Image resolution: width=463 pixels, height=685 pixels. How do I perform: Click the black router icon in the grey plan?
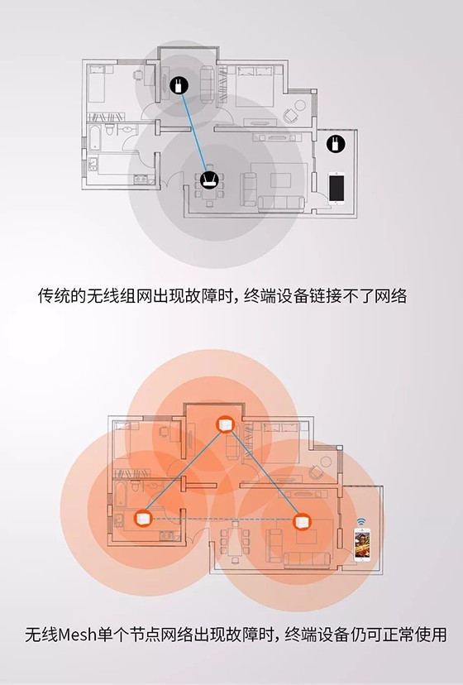pos(208,180)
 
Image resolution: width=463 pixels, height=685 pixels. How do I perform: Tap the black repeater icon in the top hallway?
pos(179,84)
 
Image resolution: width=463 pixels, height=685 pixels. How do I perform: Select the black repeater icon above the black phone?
pos(336,144)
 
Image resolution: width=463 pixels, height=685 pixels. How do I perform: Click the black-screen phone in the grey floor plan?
pos(337,189)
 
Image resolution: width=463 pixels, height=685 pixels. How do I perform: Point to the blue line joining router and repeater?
pos(193,132)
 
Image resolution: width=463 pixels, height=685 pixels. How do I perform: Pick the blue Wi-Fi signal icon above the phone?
pos(361,522)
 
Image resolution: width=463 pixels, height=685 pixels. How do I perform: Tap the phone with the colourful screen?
pos(362,544)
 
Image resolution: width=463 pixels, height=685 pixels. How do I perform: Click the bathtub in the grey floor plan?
pos(95,137)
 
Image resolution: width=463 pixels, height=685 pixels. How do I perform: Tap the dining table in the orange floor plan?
pos(235,540)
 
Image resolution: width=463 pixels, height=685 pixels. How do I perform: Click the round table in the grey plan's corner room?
pos(300,105)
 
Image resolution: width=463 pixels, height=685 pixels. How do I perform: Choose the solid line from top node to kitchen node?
pos(184,472)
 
